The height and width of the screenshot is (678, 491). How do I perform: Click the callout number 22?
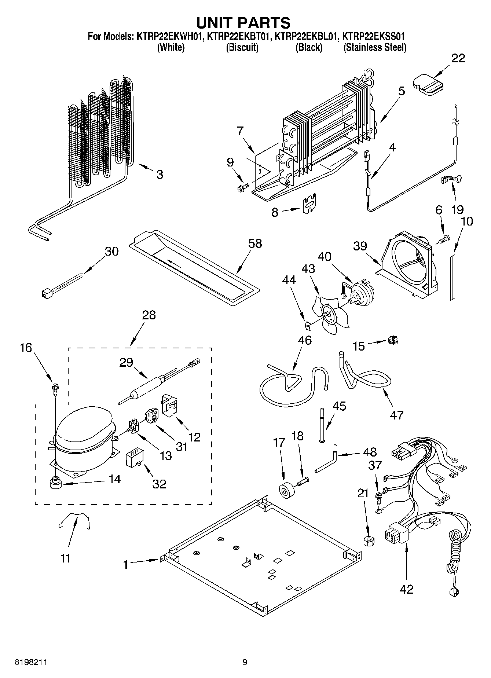(458, 58)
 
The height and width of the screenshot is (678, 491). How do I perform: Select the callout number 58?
(255, 243)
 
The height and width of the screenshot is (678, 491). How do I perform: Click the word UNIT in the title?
(215, 23)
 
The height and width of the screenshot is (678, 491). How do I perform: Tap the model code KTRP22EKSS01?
(374, 37)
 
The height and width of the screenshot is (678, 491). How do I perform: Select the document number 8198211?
(31, 662)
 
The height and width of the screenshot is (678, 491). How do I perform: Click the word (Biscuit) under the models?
(242, 48)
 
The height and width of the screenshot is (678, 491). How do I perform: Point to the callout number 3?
(160, 174)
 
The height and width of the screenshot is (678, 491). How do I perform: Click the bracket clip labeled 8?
(309, 204)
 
